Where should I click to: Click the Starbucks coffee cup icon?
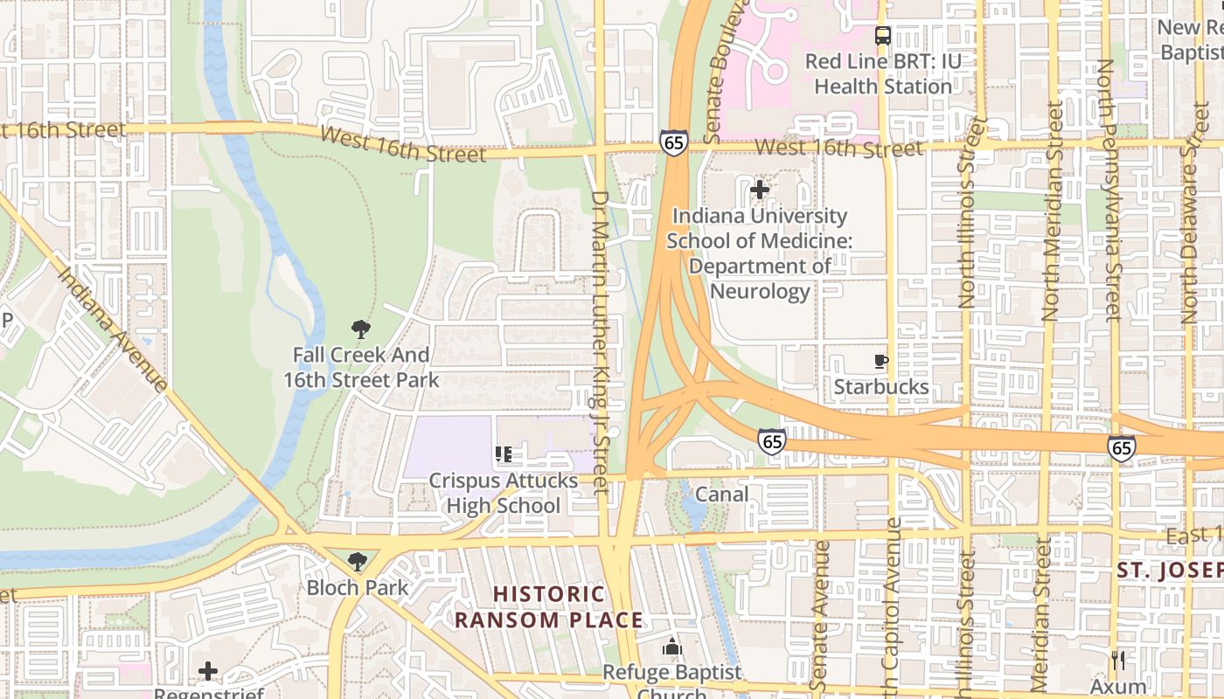[881, 361]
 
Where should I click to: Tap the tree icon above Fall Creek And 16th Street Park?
[360, 329]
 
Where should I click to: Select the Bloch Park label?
[357, 587]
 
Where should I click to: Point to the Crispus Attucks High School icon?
[503, 454]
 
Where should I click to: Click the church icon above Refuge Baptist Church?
[671, 647]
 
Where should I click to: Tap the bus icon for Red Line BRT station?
[883, 36]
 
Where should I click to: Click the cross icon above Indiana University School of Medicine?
[759, 189]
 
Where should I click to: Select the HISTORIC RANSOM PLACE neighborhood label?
[549, 607]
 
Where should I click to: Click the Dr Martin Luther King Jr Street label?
[600, 343]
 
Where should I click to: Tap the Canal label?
[721, 495]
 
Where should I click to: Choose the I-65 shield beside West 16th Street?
[673, 142]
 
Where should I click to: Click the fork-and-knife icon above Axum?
[1118, 660]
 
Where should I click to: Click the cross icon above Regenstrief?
[207, 671]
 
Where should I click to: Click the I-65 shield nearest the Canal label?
[770, 441]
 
